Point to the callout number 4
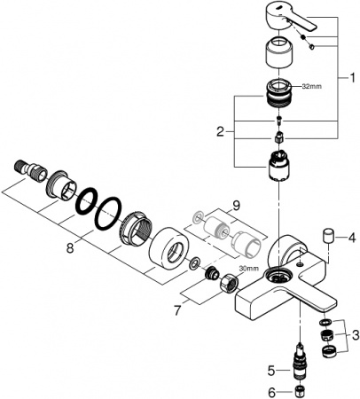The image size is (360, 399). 350,237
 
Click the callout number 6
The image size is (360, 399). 272,390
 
